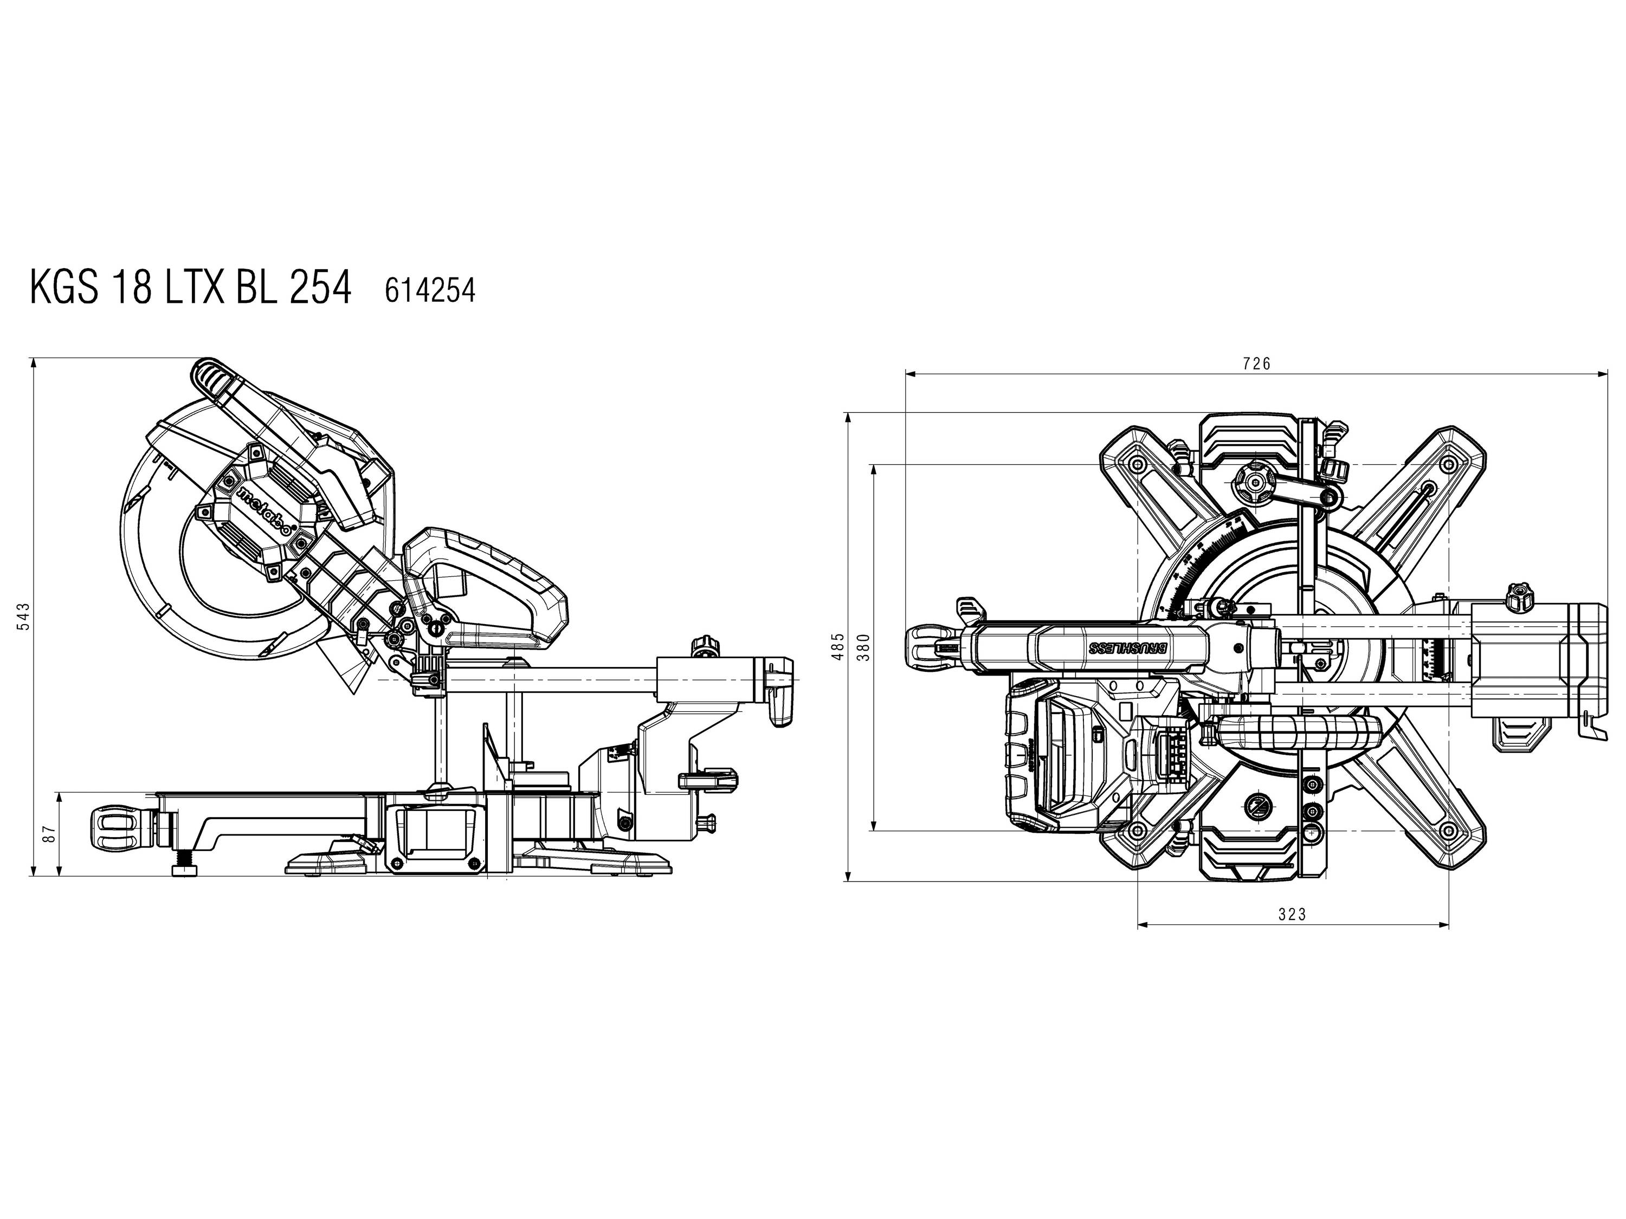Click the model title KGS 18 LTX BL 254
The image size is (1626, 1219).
(x=190, y=287)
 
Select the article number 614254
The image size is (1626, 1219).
(x=430, y=291)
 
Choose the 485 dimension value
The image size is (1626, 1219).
(x=837, y=646)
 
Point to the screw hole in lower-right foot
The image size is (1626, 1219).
(x=1448, y=831)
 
